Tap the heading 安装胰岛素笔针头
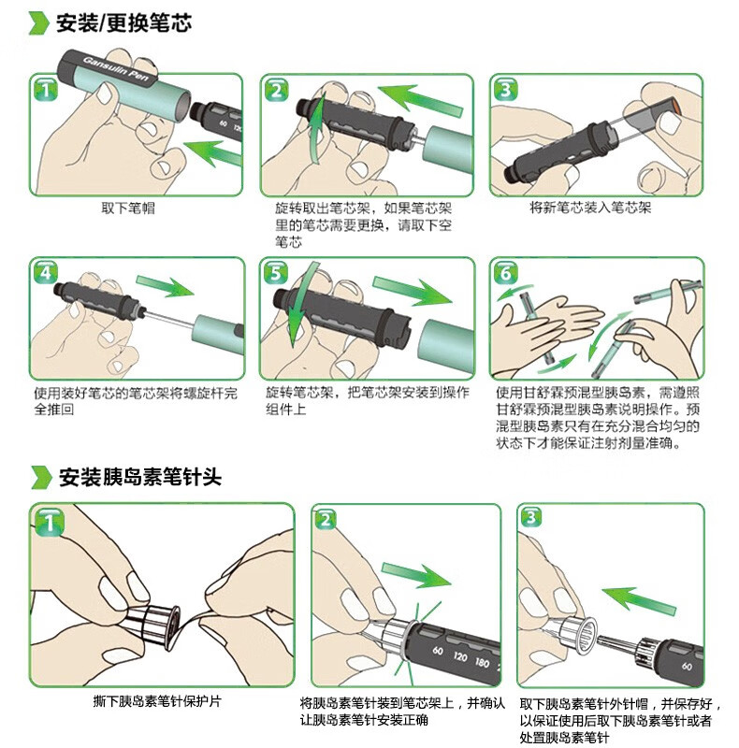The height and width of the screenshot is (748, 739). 139,477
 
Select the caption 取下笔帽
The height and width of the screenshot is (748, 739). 128,209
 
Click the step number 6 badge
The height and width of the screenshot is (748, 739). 505,273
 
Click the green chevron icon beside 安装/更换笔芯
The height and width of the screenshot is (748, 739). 39,23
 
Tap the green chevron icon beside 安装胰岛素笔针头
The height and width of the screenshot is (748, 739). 39,477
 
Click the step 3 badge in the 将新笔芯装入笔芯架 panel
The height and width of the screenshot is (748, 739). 505,91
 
